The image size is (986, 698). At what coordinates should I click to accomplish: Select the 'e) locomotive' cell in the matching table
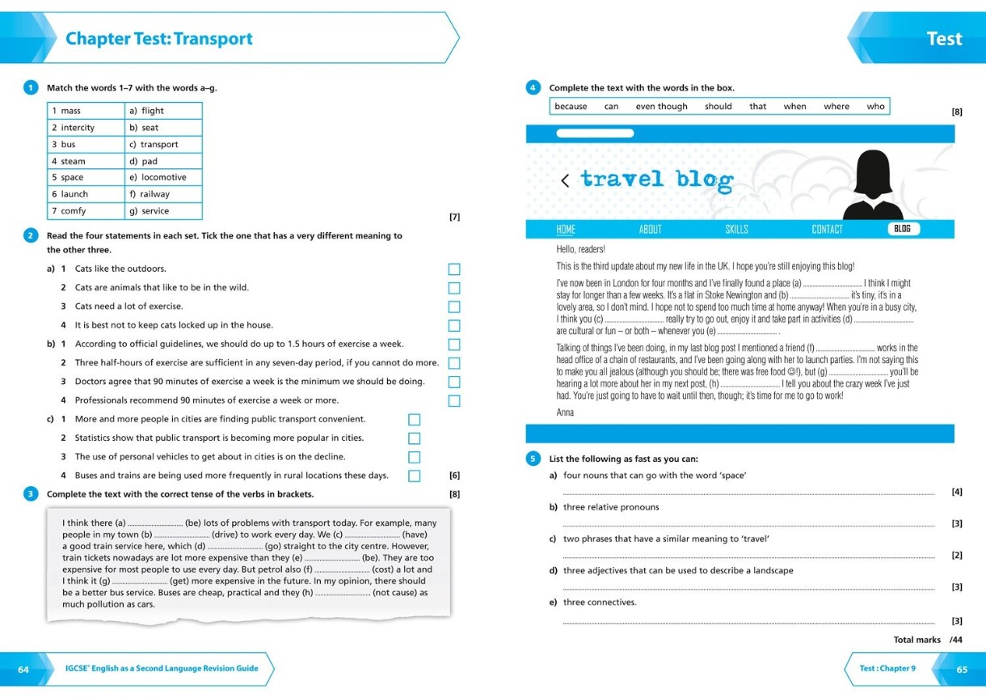point(163,177)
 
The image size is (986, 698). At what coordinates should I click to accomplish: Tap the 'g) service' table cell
point(163,211)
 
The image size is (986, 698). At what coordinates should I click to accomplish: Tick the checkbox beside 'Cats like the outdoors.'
point(454,269)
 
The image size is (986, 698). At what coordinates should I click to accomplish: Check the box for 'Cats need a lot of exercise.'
point(454,307)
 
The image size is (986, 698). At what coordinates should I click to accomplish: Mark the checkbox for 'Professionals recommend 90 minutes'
point(454,401)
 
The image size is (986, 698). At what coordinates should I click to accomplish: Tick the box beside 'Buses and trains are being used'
point(414,476)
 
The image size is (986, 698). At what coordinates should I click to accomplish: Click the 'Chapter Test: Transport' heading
point(159,39)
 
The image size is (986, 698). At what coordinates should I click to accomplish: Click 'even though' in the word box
point(661,107)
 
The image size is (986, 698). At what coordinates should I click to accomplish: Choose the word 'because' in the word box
point(571,107)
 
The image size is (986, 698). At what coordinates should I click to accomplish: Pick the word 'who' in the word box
point(875,107)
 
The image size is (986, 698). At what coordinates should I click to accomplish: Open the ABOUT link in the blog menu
point(650,230)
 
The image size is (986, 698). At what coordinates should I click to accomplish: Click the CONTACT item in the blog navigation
point(827,230)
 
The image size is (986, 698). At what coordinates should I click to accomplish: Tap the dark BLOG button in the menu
point(903,229)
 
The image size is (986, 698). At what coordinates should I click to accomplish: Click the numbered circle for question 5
point(533,459)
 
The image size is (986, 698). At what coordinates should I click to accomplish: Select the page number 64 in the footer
point(23,669)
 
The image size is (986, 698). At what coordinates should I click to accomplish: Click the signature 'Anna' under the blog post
point(565,412)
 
